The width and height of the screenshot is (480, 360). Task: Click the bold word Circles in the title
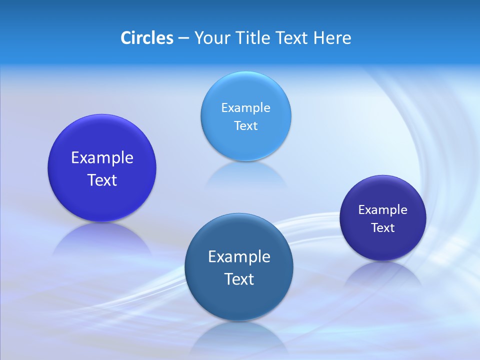(146, 38)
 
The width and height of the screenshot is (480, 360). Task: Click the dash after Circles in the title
(183, 38)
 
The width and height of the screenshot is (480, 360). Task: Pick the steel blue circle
(239, 300)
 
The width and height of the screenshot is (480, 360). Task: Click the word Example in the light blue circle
(245, 108)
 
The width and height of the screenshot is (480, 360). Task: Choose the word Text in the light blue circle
(245, 125)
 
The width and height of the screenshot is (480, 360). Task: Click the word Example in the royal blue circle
(102, 158)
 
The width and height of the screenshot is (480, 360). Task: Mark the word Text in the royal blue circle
(102, 180)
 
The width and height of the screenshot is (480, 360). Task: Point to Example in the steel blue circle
(239, 257)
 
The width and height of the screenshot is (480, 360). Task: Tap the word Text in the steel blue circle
(239, 279)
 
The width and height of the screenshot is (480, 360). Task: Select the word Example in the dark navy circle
(382, 210)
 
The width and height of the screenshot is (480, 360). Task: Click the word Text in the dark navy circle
(382, 228)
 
